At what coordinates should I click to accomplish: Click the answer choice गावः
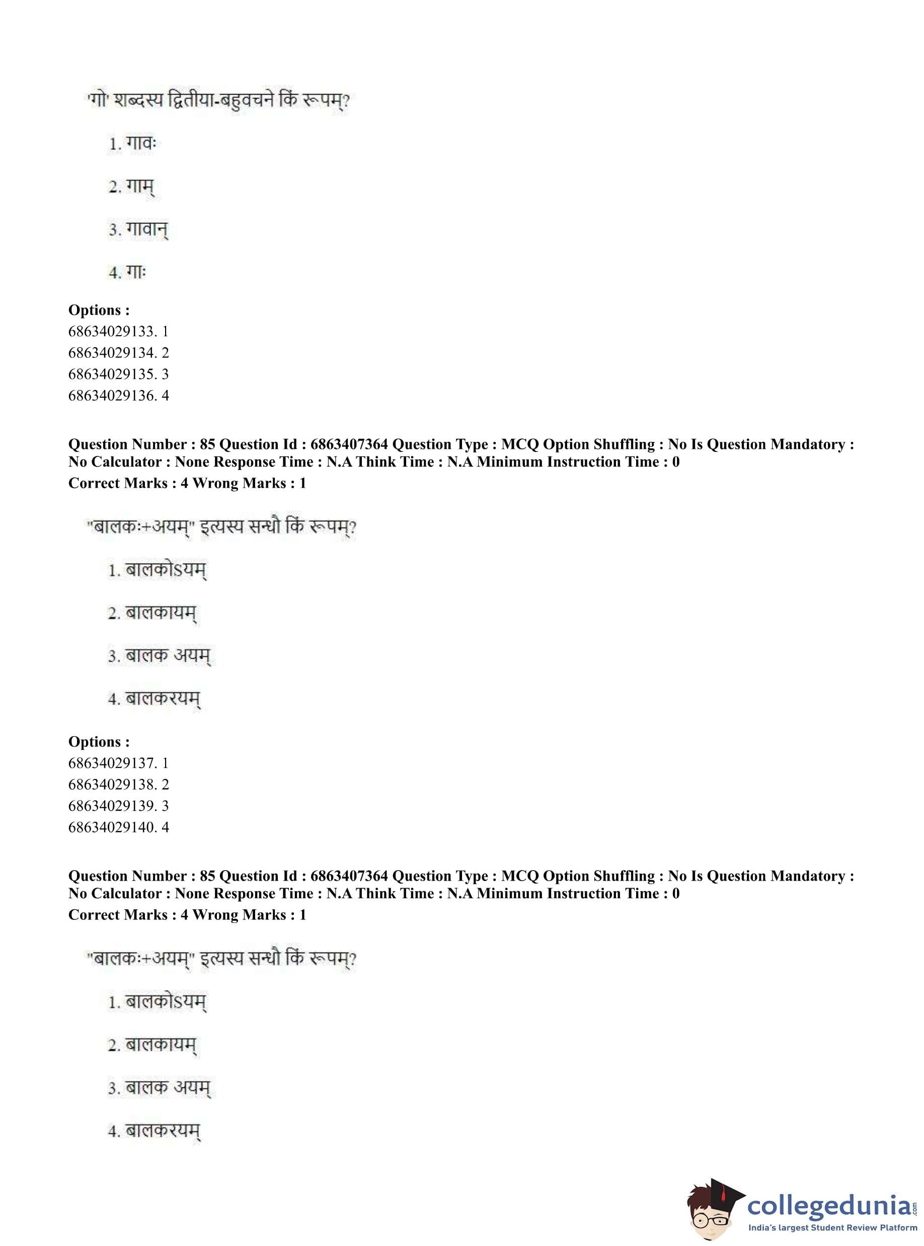coord(140,144)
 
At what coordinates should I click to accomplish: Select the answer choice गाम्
coord(139,187)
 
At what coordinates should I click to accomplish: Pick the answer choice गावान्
coord(146,230)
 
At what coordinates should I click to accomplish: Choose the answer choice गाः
coord(135,272)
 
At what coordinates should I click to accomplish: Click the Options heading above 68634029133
coord(99,310)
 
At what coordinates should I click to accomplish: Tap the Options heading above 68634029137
coord(99,742)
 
